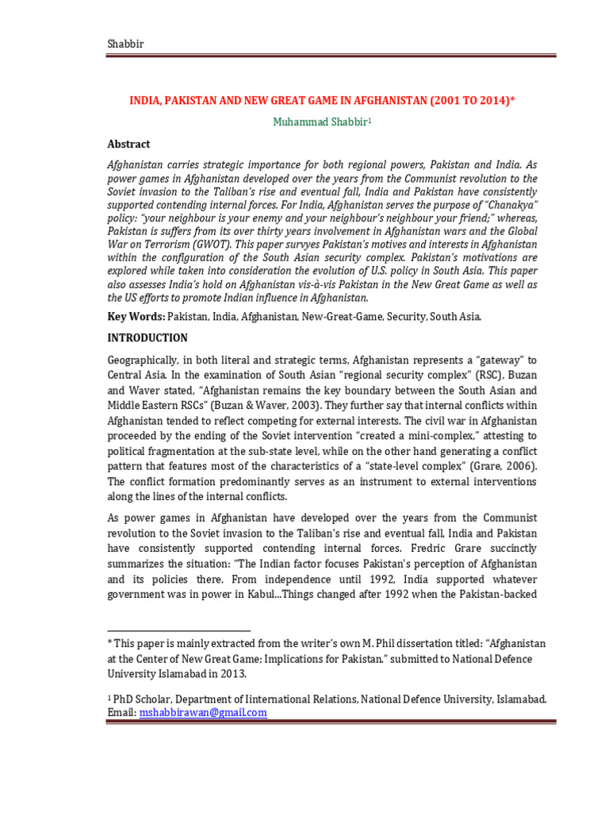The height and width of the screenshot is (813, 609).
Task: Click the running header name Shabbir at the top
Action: (x=126, y=44)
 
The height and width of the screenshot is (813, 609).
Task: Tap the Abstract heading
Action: (x=128, y=144)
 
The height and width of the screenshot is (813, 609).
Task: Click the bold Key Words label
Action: (x=136, y=316)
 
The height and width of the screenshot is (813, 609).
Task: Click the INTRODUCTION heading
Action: (x=148, y=337)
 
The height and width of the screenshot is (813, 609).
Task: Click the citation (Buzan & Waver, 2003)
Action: (x=267, y=406)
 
